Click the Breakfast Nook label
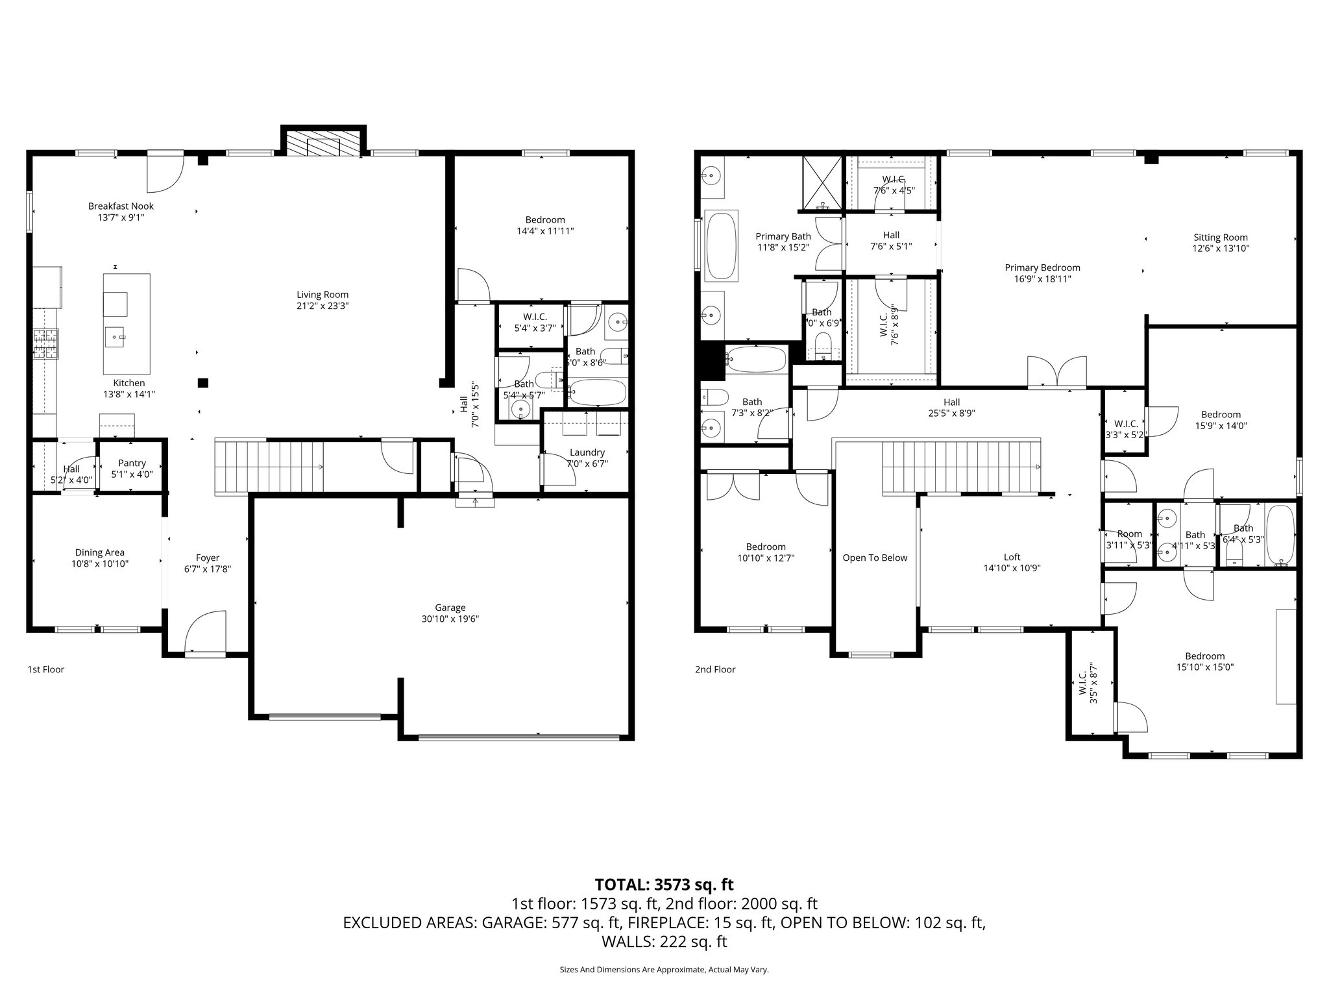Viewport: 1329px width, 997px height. pyautogui.click(x=121, y=206)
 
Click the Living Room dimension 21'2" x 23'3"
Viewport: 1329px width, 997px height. pyautogui.click(x=323, y=306)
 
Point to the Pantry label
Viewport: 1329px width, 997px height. pyautogui.click(x=132, y=463)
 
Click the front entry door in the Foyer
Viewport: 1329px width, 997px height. pyautogui.click(x=205, y=632)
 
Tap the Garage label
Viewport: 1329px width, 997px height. pyautogui.click(x=450, y=608)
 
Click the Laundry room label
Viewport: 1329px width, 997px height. pyautogui.click(x=587, y=452)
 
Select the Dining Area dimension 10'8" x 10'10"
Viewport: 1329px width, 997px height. pyautogui.click(x=100, y=564)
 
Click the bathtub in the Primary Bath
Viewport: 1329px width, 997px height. pyautogui.click(x=722, y=245)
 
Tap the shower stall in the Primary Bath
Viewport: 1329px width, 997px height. pyautogui.click(x=822, y=182)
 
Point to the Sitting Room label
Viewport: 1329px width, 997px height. pyautogui.click(x=1220, y=238)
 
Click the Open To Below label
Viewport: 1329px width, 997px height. pyautogui.click(x=875, y=558)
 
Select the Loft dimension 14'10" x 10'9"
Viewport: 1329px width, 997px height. pyautogui.click(x=1012, y=568)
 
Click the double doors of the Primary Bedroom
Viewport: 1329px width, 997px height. pyautogui.click(x=1056, y=373)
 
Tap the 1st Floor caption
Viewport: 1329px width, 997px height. pyautogui.click(x=45, y=669)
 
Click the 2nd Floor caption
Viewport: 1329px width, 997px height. pyautogui.click(x=715, y=669)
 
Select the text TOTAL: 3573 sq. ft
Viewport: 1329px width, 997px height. pyautogui.click(x=664, y=884)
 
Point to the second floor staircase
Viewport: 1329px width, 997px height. pyautogui.click(x=960, y=467)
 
